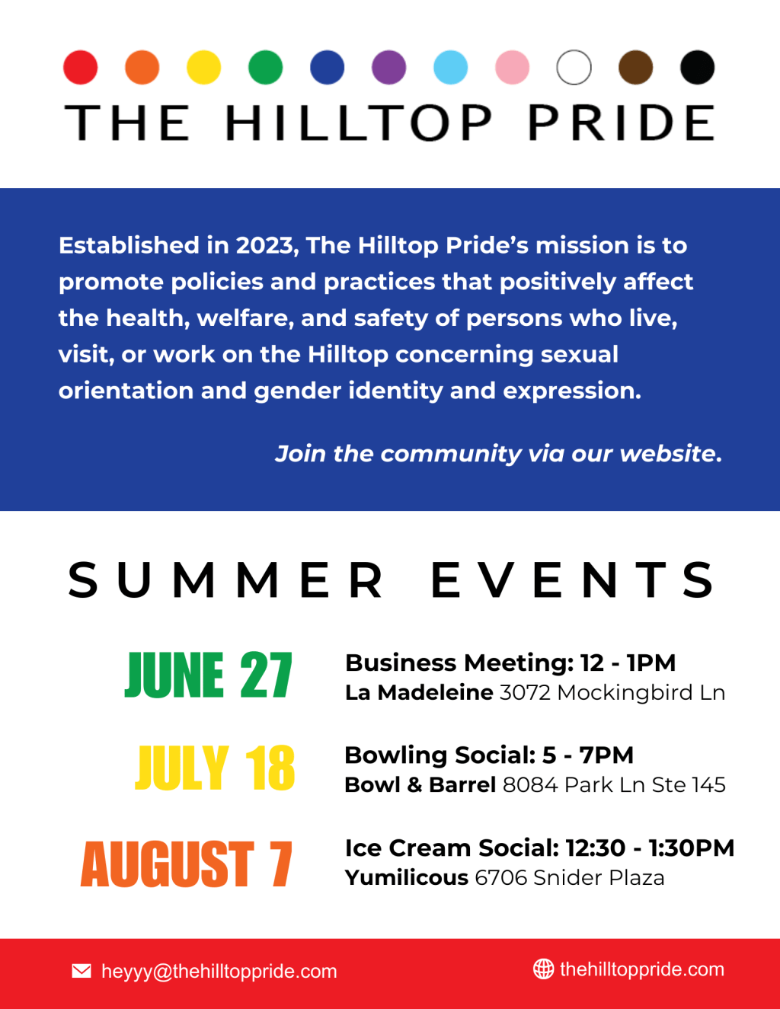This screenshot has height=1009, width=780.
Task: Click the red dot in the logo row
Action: click(80, 67)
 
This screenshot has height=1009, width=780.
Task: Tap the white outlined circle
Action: click(574, 67)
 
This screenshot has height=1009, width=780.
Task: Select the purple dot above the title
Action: click(388, 67)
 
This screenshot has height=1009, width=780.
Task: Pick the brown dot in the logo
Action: click(635, 67)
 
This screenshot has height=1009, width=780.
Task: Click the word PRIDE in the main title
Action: click(622, 123)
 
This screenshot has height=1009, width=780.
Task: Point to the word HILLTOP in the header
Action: click(359, 123)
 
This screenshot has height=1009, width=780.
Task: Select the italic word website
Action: click(670, 454)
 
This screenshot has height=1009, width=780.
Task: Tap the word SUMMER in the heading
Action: click(226, 580)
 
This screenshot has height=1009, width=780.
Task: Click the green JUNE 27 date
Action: click(208, 675)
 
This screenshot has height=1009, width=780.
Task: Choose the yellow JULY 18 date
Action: click(215, 768)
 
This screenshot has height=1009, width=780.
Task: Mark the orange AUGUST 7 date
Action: click(187, 864)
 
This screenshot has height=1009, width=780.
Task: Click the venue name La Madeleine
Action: click(419, 692)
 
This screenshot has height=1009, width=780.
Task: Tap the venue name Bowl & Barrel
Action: click(420, 784)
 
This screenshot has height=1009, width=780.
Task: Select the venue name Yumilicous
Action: click(406, 877)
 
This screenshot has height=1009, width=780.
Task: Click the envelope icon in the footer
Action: click(82, 971)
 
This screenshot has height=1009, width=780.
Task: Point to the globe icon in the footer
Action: click(543, 969)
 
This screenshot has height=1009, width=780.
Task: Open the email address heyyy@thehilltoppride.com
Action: click(219, 972)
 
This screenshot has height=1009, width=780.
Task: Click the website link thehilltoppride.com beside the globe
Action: click(641, 969)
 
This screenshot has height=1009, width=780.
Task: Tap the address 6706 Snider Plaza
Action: click(569, 877)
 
